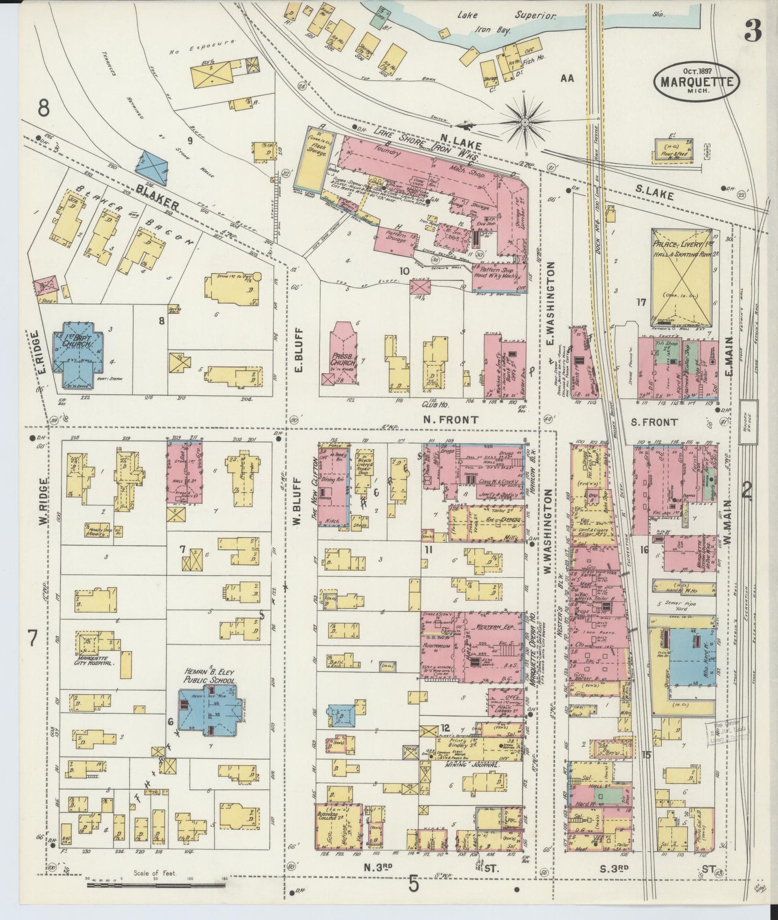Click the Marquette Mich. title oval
[x=696, y=81]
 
